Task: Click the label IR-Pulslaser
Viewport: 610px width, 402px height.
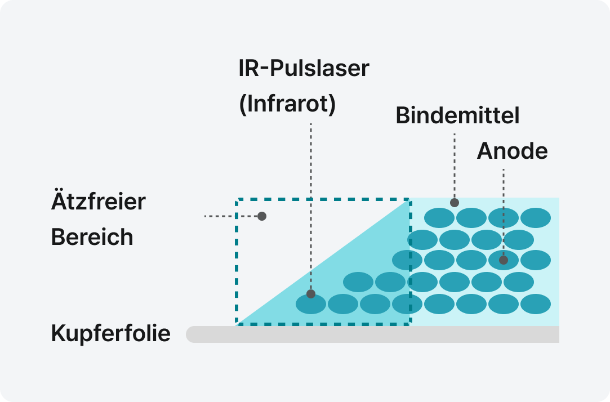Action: [x=304, y=69]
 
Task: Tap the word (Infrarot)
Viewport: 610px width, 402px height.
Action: [x=287, y=105]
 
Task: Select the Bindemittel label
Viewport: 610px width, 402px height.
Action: [x=457, y=115]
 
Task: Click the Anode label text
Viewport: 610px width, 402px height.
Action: [x=512, y=151]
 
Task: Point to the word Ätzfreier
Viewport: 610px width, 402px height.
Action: [x=99, y=202]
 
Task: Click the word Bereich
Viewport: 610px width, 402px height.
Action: [x=92, y=237]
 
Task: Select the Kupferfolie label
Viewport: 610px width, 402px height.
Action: [x=111, y=334]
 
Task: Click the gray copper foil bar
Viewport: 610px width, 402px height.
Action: [x=372, y=334]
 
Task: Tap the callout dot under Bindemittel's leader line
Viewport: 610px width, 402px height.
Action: [x=455, y=203]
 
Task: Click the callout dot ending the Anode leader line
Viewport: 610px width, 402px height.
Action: [x=504, y=260]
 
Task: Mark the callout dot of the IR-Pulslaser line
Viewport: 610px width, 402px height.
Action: [x=311, y=294]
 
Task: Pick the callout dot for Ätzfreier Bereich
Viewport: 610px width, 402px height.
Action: [x=261, y=216]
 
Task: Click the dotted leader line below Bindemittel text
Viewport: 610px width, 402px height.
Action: [x=455, y=166]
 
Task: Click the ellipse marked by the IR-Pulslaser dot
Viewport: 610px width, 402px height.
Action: [x=311, y=304]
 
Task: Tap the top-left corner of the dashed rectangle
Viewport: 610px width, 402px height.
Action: [x=237, y=199]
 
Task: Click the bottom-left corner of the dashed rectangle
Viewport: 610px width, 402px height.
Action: [x=237, y=324]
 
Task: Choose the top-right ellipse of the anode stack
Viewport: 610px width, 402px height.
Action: [x=535, y=218]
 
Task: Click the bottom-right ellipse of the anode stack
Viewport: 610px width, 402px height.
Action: [x=535, y=304]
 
